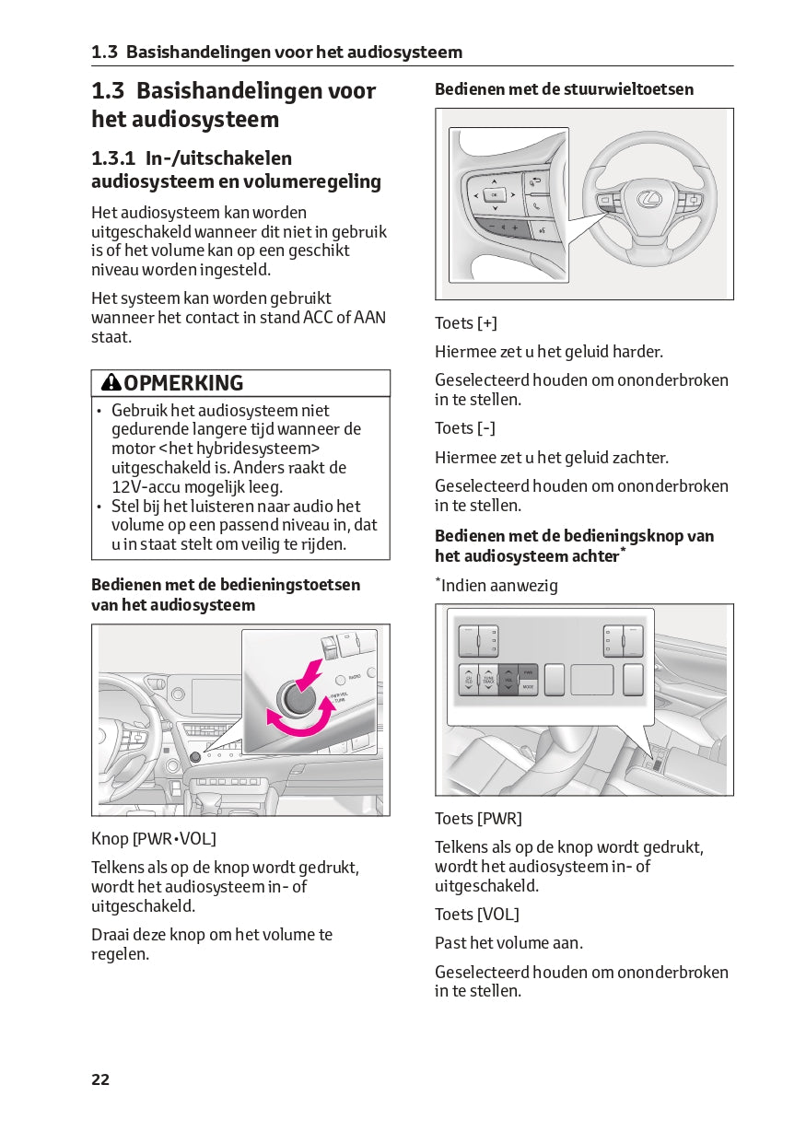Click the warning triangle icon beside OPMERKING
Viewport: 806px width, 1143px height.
tap(111, 383)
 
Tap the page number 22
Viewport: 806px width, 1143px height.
tap(100, 1079)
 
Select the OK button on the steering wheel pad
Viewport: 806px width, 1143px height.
tap(494, 194)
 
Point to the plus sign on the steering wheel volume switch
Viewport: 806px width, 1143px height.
tap(515, 227)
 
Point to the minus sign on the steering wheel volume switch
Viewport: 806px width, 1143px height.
tap(493, 227)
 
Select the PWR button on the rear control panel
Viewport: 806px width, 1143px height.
tap(528, 672)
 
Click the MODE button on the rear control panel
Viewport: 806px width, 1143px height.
tap(528, 687)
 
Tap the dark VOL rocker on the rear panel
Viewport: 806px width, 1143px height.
tap(508, 680)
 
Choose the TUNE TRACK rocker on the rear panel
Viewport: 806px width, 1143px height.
tap(488, 680)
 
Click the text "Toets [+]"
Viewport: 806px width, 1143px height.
tap(466, 323)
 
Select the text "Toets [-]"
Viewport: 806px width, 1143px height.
tap(465, 428)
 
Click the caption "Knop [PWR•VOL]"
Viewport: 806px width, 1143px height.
tap(154, 839)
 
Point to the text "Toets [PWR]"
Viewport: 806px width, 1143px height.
tap(478, 819)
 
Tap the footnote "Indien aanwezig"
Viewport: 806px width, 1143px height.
tap(498, 586)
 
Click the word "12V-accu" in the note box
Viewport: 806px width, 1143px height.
tap(146, 487)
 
